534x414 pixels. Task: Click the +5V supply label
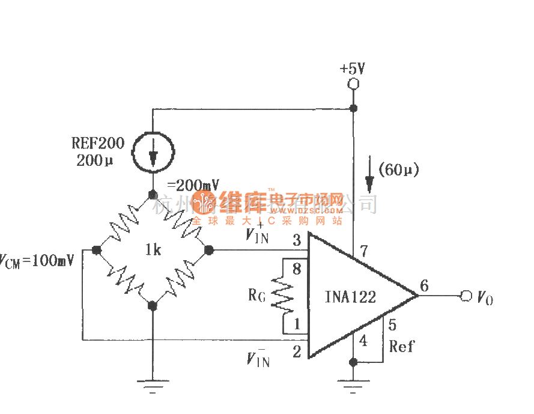point(353,68)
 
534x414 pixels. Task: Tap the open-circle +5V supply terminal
point(353,84)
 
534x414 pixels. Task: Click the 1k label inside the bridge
point(153,249)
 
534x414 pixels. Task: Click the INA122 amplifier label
point(351,296)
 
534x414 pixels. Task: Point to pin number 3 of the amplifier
point(297,242)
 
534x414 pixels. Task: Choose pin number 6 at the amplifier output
point(424,286)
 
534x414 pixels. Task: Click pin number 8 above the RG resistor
point(296,268)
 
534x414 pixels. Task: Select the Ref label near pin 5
point(401,346)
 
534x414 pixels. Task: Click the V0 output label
point(485,297)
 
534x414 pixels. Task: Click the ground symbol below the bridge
point(152,385)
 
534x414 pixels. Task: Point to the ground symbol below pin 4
point(353,385)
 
